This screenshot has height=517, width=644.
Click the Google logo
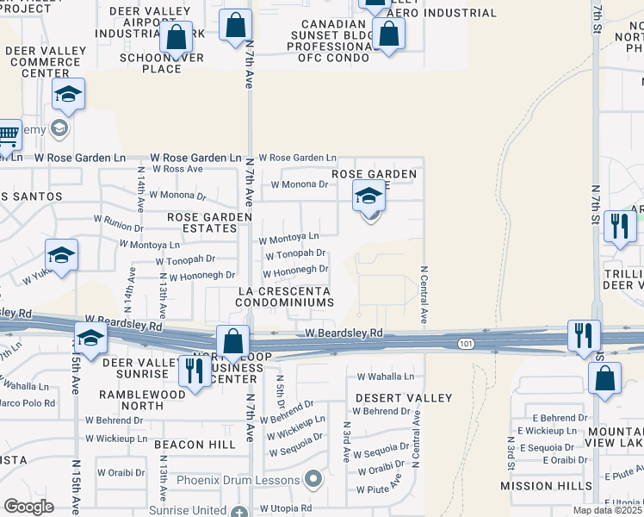click(x=28, y=507)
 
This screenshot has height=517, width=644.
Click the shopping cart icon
click(x=7, y=134)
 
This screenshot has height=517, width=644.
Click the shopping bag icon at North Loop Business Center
click(x=233, y=340)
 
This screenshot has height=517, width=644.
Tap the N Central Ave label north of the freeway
click(x=424, y=294)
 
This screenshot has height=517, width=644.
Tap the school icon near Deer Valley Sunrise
click(x=90, y=339)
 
